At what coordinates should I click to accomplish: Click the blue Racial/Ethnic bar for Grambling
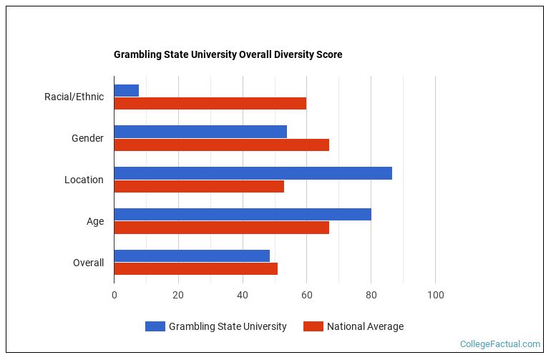126,90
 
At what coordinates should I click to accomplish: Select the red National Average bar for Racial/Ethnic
210,103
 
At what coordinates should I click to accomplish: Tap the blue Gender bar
200,132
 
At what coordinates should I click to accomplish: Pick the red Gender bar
221,145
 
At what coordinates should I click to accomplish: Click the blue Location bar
253,173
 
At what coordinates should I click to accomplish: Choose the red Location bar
199,186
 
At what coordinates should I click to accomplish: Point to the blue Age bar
243,215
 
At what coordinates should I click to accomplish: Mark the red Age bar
221,228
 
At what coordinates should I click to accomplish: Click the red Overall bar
195,269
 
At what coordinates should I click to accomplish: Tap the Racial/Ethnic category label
74,97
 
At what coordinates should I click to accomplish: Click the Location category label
84,180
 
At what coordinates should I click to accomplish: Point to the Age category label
95,221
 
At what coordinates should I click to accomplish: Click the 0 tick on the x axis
114,295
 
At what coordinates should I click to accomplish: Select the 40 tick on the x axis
243,295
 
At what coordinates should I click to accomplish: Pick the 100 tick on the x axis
435,295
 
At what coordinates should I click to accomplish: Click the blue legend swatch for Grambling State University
155,326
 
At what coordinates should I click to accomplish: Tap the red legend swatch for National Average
313,326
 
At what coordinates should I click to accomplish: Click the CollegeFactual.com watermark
499,344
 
